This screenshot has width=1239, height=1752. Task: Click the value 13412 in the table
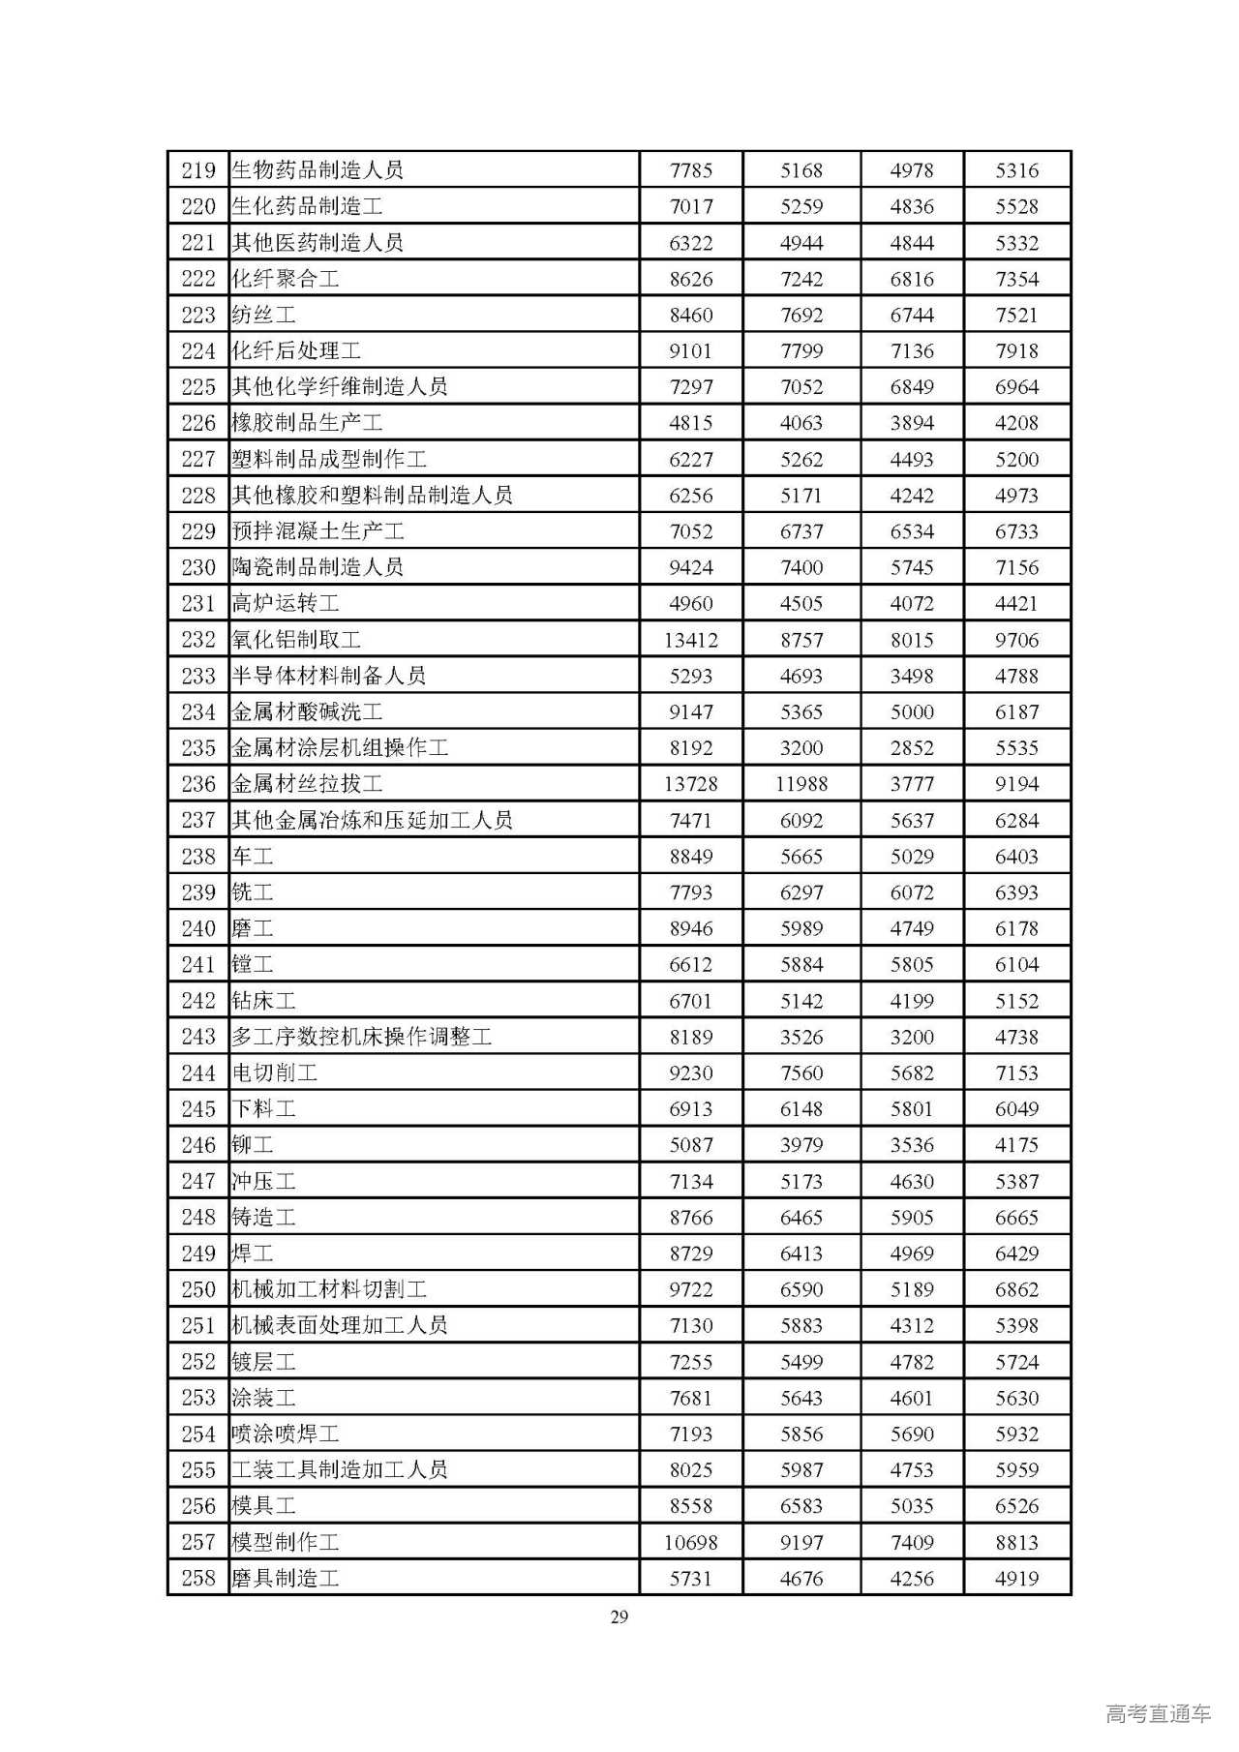690,640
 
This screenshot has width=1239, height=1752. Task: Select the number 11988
801,784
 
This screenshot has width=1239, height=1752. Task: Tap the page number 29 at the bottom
619,1616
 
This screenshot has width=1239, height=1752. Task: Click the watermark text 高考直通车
1158,1713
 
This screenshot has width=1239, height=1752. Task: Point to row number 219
198,170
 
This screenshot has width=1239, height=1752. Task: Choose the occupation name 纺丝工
263,315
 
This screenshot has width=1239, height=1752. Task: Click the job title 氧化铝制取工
296,640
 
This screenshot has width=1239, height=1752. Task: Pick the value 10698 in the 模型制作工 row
690,1542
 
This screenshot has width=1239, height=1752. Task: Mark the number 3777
912,784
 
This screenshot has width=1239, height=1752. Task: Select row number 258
198,1578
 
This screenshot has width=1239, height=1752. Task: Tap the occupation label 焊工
253,1254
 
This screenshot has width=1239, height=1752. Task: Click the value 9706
1016,640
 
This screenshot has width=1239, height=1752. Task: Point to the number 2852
912,748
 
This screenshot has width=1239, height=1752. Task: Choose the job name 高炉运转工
286,603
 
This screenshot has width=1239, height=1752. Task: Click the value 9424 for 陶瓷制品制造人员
690,567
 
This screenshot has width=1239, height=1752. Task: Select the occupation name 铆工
253,1145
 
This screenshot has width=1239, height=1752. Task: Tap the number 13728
690,784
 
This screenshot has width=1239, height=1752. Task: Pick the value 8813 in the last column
1016,1542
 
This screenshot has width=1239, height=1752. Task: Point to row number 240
198,928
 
